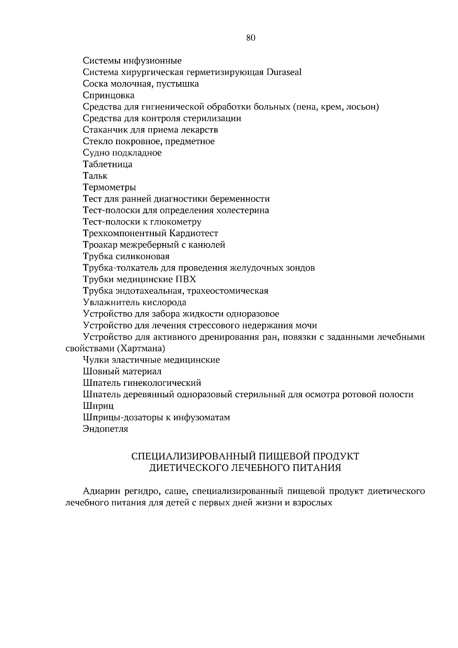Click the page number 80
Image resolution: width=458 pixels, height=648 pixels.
tap(250, 37)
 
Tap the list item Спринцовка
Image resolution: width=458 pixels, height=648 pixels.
tap(108, 95)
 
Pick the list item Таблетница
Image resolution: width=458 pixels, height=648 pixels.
tap(108, 164)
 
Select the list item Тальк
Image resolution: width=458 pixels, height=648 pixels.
tap(95, 176)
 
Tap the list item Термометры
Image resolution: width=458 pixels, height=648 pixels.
tap(110, 187)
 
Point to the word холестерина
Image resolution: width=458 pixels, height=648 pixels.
tap(242, 210)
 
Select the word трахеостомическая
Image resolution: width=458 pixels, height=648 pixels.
tap(227, 291)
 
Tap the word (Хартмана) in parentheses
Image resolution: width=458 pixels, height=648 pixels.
tap(141, 348)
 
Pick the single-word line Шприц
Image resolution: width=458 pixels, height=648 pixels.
tap(98, 406)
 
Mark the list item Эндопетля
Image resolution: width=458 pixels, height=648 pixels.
tap(105, 429)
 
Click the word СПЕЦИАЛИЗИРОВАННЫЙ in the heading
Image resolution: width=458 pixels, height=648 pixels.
tap(194, 456)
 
